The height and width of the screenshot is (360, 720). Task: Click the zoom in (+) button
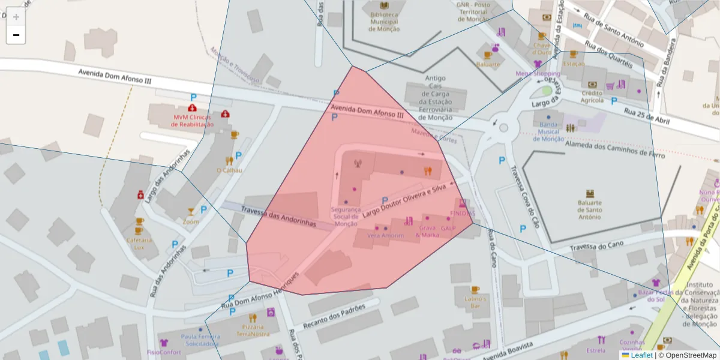tap(16, 17)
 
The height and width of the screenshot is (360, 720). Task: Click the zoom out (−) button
tap(16, 35)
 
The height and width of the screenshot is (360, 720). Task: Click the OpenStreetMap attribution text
tap(687, 355)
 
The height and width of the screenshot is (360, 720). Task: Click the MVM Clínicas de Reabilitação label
tap(193, 121)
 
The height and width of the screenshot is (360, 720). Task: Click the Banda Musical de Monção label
tap(548, 131)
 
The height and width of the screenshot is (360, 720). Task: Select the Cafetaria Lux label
tap(139, 244)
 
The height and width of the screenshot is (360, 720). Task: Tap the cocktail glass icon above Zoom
tap(191, 211)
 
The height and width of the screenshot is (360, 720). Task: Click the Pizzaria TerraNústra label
tap(253, 330)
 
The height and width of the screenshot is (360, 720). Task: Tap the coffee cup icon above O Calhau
tap(235, 135)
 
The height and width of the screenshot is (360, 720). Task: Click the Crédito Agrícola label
tap(592, 97)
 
